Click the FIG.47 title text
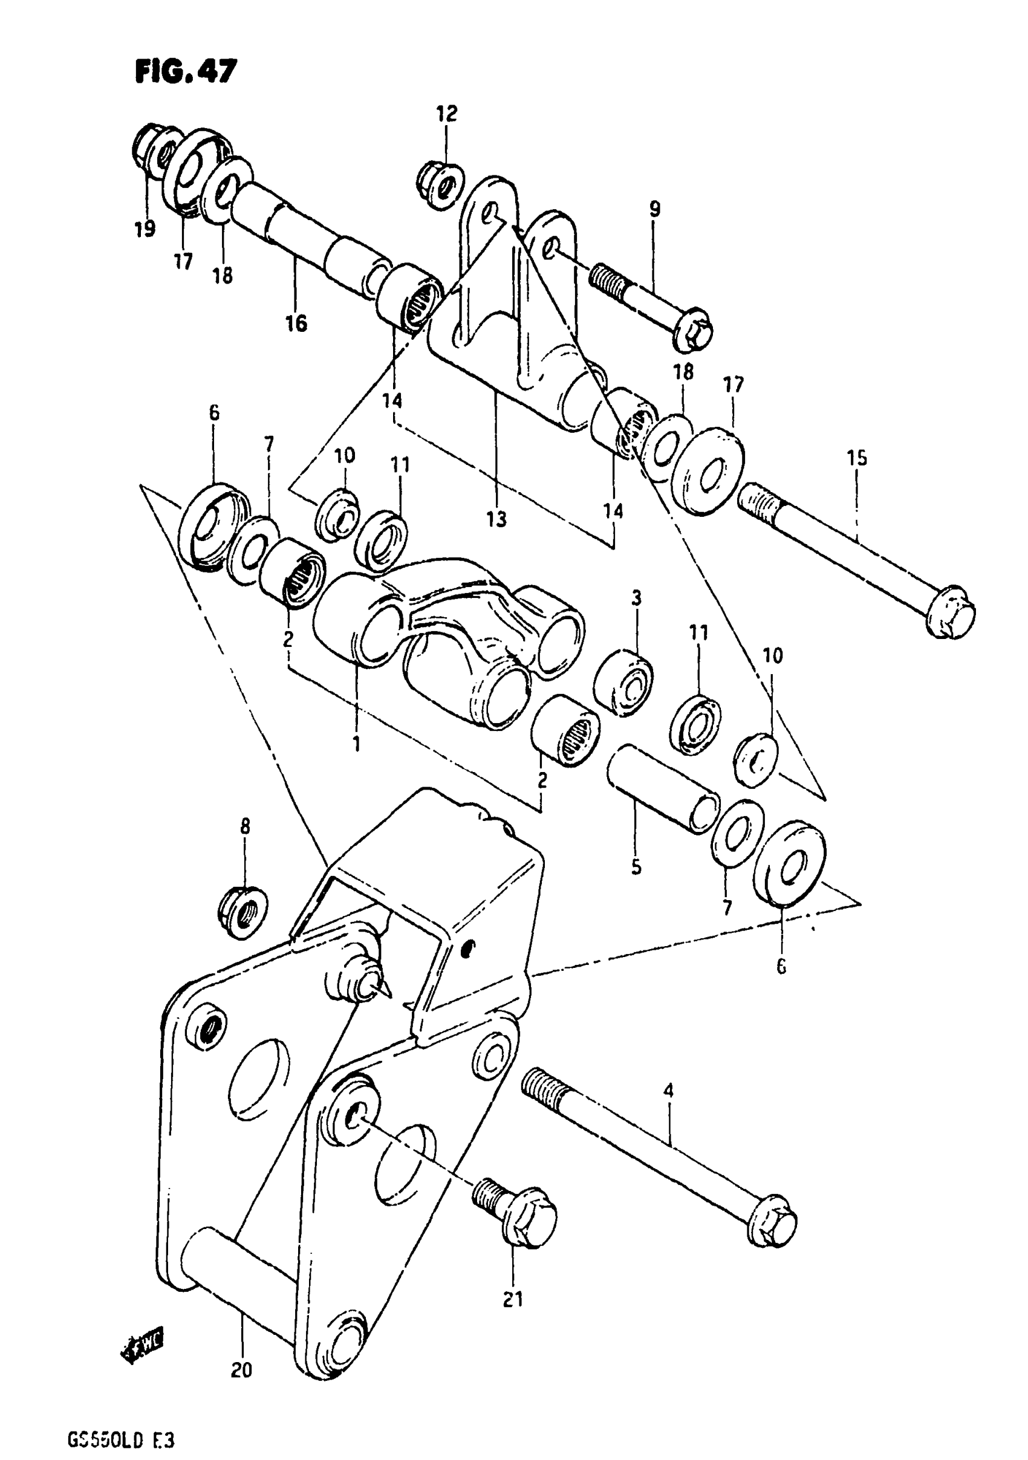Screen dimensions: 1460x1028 [186, 71]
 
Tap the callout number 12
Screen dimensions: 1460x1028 [446, 114]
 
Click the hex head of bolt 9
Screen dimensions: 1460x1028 [693, 332]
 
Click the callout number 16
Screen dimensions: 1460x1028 [296, 323]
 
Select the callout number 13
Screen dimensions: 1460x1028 [496, 519]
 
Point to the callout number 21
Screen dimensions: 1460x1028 [513, 1299]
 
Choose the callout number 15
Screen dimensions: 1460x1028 [857, 458]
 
